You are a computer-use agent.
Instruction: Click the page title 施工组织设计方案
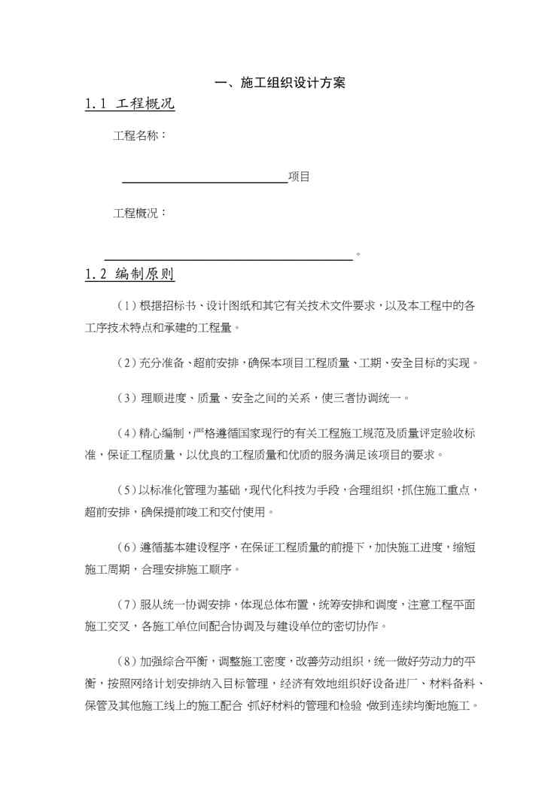[x=280, y=83]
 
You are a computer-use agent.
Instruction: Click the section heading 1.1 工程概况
[x=129, y=105]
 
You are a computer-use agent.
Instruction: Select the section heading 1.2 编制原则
[x=129, y=274]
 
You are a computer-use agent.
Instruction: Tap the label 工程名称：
[x=140, y=136]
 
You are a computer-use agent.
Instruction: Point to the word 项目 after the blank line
[x=299, y=177]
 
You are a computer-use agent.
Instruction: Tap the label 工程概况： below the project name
[x=140, y=214]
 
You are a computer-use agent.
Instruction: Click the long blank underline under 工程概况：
[x=228, y=257]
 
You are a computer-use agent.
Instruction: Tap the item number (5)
[x=126, y=490]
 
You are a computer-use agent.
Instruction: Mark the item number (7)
[x=126, y=605]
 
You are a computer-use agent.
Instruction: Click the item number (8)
[x=126, y=662]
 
